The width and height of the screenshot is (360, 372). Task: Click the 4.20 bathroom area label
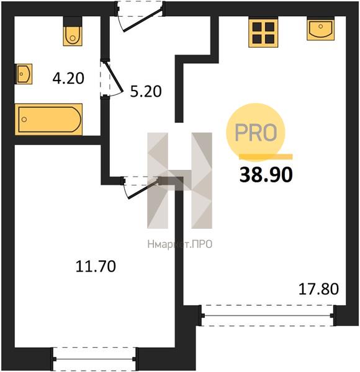[x=68, y=79]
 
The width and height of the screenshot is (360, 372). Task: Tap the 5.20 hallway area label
[x=146, y=92]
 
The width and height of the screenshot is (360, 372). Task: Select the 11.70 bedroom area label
[x=96, y=266]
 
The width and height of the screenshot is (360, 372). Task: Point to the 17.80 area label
[x=318, y=290]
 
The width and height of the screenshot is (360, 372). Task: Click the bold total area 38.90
[x=266, y=175]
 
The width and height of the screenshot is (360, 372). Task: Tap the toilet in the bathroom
[x=73, y=31]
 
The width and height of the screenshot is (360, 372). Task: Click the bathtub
[x=48, y=119]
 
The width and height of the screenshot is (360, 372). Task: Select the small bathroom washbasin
[x=24, y=74]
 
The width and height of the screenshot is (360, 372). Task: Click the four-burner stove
[x=263, y=33]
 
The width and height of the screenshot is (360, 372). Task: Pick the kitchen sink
[x=320, y=29]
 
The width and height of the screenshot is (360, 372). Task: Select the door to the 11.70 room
[x=142, y=187]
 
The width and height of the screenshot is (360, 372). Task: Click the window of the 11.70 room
[x=94, y=359]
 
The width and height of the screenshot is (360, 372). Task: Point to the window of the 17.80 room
[x=268, y=316]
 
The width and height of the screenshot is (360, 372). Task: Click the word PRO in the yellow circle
[x=256, y=133]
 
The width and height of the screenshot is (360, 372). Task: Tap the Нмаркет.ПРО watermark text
[x=180, y=244]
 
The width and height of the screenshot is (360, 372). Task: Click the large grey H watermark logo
[x=179, y=180]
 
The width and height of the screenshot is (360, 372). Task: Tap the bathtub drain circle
[x=24, y=119]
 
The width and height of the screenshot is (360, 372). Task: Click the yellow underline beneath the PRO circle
[x=266, y=156]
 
